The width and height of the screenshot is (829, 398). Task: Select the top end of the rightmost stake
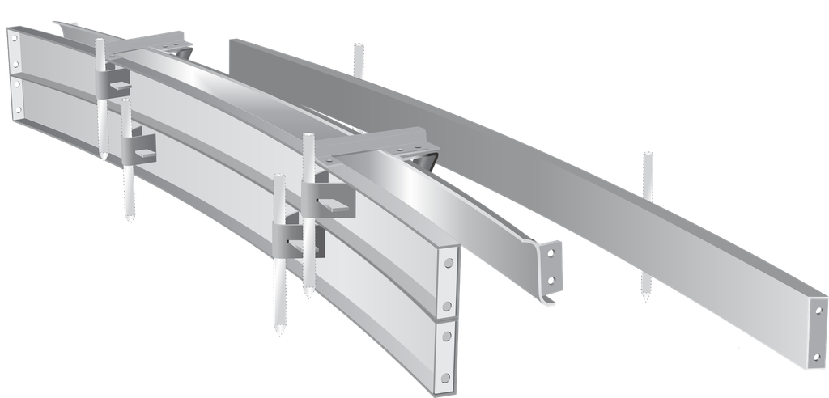click(x=645, y=153)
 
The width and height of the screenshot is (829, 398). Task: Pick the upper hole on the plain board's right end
click(x=818, y=311)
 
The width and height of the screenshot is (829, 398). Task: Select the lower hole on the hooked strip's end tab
click(x=551, y=280)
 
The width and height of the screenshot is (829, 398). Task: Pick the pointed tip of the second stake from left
click(x=130, y=220)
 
